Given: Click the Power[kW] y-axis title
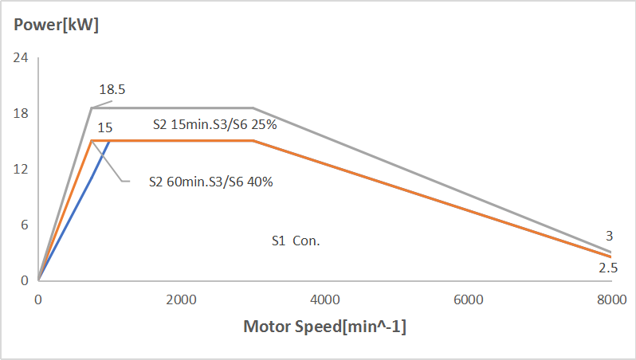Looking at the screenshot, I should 56,25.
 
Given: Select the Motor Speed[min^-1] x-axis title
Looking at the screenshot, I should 324,327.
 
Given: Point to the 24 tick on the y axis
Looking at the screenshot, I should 20,58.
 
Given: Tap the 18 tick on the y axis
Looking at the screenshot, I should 20,113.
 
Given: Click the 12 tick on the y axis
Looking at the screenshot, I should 20,169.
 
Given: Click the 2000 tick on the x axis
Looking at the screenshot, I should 181,299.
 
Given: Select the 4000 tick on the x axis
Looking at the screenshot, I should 324,299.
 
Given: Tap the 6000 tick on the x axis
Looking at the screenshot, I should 468,299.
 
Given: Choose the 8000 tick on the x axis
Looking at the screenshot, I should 610,299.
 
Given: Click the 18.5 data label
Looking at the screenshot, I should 112,90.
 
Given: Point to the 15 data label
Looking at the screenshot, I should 104,127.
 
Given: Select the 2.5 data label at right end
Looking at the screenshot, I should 608,268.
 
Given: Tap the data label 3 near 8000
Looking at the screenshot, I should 609,236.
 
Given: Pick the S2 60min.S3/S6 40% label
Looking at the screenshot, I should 211,182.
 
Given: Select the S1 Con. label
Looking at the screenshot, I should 296,241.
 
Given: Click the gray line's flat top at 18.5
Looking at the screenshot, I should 175,108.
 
